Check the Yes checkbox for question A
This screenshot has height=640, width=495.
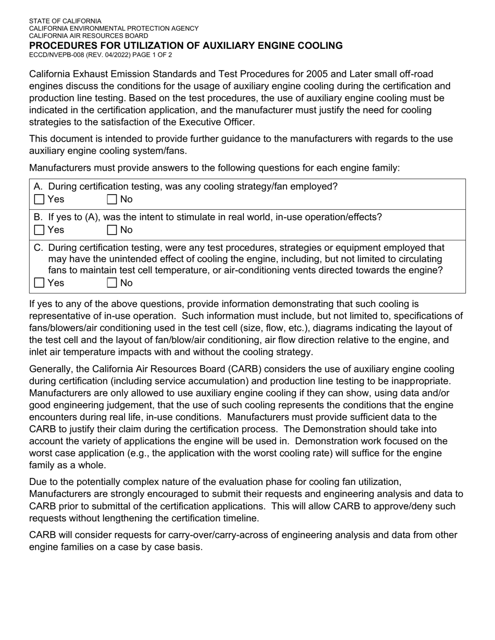(39, 199)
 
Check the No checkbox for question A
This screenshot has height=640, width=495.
(112, 199)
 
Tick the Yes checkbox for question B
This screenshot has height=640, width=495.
(39, 230)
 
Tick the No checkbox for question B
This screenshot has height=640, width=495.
(112, 230)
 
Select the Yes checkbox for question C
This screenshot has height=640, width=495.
(39, 283)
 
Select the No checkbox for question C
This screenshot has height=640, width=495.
(112, 283)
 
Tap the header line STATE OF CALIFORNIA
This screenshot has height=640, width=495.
(65, 21)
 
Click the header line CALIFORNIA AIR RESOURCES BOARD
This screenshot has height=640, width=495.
(88, 36)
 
